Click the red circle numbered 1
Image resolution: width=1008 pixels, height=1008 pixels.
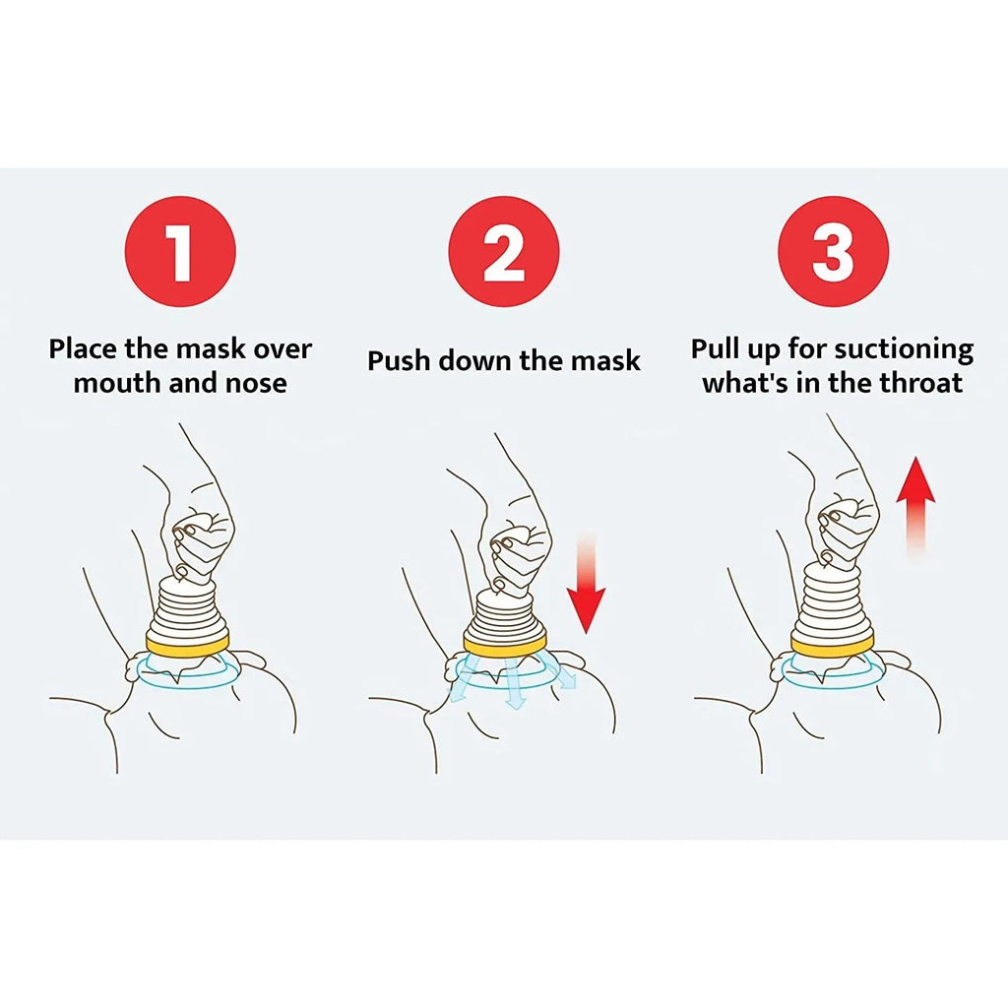180,251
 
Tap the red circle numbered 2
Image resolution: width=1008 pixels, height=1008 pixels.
504,251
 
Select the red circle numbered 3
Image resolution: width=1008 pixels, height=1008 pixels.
833,251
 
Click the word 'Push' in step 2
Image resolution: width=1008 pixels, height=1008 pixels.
399,360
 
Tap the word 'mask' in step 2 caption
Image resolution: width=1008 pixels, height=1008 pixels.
605,360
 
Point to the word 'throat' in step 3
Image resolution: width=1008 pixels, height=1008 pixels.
914,383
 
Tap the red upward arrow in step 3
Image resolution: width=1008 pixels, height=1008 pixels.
915,502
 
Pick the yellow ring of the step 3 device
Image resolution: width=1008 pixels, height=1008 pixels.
833,644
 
